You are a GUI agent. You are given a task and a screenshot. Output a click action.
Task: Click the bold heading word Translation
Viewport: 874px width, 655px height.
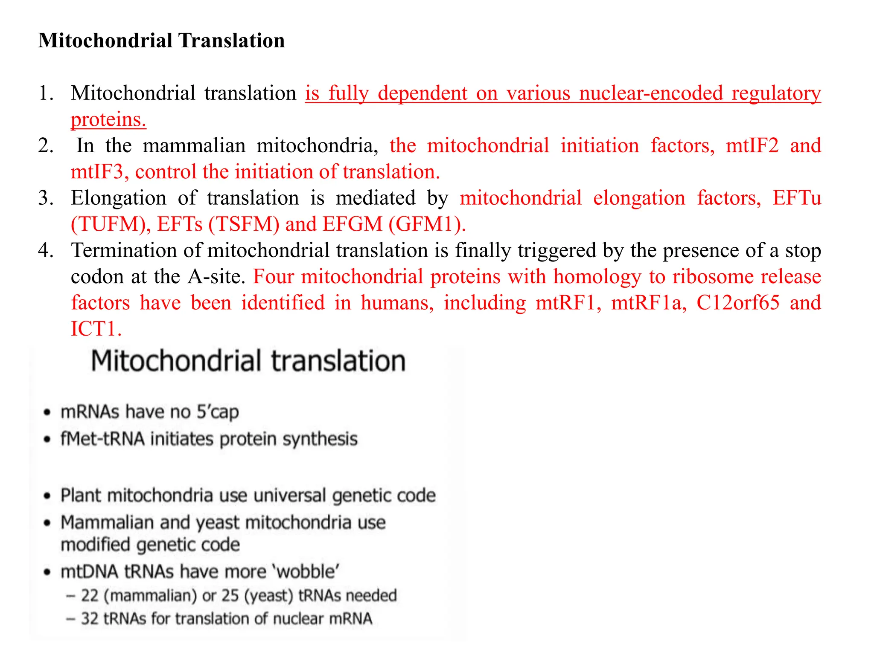[232, 41]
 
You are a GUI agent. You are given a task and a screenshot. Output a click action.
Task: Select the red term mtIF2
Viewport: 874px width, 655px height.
[752, 146]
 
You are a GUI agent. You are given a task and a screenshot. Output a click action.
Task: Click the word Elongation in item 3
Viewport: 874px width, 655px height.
[119, 198]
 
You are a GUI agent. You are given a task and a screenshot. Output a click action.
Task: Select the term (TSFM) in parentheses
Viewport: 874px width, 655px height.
[244, 225]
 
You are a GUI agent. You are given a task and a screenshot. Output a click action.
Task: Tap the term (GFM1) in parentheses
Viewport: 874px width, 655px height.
[427, 225]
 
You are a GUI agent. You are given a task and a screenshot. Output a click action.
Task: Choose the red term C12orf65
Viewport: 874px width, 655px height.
[738, 303]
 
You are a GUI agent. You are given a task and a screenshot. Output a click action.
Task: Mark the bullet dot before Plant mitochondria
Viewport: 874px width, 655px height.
[47, 496]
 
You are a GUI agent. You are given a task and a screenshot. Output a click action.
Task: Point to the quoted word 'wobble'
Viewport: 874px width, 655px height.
[307, 572]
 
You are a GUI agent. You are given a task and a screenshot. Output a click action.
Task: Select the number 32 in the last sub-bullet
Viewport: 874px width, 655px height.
[90, 619]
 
